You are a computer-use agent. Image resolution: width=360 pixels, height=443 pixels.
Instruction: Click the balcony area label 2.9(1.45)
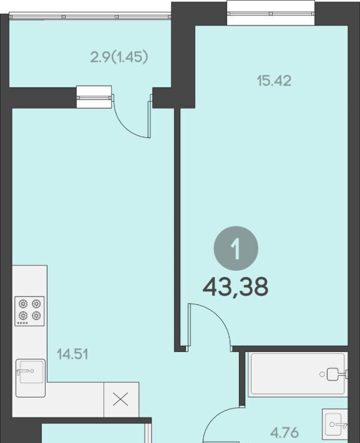[x=119, y=57]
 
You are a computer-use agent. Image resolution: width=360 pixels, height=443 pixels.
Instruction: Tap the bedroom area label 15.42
[x=274, y=81]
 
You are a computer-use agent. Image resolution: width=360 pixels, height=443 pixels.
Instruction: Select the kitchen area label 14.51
[x=72, y=354]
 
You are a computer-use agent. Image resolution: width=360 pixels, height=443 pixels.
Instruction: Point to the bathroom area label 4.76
[x=285, y=432]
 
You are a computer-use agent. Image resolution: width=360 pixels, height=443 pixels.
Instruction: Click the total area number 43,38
[x=235, y=287]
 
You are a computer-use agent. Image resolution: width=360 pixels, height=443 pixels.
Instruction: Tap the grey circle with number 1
[x=236, y=248]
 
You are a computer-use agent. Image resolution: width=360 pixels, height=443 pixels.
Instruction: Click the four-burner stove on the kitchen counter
[x=29, y=311]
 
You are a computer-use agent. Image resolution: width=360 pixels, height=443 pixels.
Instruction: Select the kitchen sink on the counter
[x=31, y=378]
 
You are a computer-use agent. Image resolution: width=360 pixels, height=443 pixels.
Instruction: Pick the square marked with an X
[x=121, y=399]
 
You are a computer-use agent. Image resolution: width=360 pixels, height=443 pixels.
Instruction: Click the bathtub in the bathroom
[x=298, y=374]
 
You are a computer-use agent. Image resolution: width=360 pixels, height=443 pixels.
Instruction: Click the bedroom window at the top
[x=271, y=13]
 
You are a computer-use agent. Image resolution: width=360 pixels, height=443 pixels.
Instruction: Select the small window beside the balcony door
[x=94, y=97]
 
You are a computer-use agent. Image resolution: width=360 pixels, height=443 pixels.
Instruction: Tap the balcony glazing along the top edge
[x=90, y=16]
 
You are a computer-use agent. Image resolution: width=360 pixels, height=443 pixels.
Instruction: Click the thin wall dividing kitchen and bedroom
[x=177, y=230]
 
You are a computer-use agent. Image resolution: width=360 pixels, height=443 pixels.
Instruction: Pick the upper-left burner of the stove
[x=23, y=304]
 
